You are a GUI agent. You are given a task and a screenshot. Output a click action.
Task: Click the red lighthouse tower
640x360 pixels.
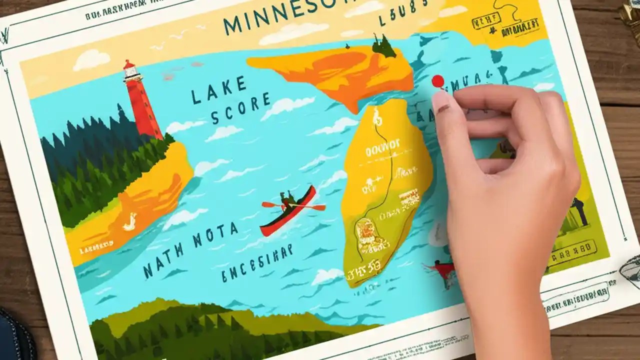[143, 108]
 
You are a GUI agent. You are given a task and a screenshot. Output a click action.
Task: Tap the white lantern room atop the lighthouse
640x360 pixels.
[131, 71]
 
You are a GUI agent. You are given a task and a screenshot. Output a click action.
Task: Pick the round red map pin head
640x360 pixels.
[437, 81]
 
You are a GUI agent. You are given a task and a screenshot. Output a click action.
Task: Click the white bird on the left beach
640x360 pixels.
[129, 221]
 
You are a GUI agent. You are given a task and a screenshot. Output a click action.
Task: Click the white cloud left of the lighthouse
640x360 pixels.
[91, 60]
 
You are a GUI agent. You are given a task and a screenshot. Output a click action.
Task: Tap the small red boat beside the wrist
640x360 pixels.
[443, 270]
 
